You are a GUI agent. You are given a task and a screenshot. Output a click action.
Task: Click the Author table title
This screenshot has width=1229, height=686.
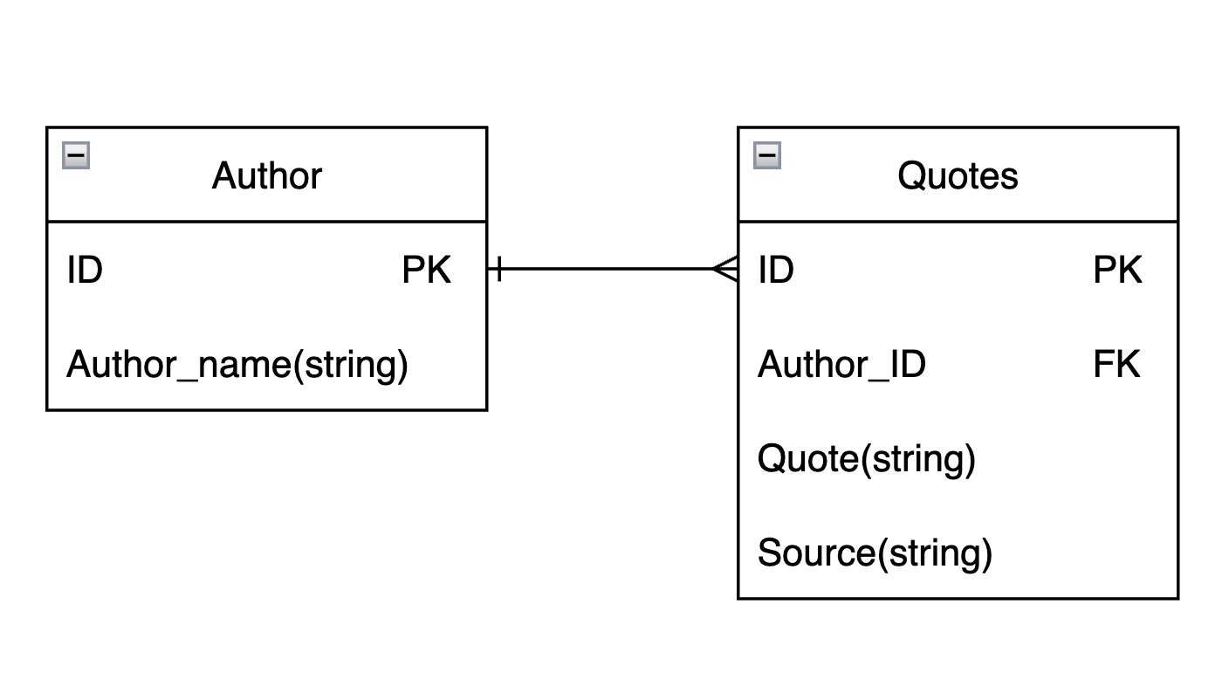pos(266,176)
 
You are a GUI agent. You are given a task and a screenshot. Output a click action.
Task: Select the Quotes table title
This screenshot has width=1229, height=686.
pos(958,176)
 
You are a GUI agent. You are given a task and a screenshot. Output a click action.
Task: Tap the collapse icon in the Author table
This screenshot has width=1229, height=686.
pos(76,156)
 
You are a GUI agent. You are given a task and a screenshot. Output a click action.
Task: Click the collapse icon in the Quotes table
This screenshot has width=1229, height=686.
pos(767,156)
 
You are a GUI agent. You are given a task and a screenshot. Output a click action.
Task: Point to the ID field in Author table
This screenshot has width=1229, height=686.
pos(85,271)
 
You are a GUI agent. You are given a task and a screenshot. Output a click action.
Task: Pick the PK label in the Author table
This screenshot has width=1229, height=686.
pos(426,271)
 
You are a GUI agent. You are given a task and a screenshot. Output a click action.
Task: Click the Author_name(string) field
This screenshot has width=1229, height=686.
pos(237,365)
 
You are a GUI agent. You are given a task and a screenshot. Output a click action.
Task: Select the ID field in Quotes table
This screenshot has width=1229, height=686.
pos(776,271)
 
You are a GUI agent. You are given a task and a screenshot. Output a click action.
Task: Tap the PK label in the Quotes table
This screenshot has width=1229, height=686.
pos(1117,271)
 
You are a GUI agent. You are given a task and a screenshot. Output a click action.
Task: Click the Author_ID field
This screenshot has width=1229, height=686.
pos(841,365)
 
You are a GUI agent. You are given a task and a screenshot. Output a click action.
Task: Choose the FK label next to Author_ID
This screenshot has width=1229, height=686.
pos(1116,365)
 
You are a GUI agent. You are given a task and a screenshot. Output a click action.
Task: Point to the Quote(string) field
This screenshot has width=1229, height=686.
pos(866,459)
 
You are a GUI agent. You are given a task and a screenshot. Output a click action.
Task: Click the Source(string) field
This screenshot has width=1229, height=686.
pos(875,553)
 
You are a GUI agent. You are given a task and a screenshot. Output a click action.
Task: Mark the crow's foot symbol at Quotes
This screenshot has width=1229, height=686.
pos(726,269)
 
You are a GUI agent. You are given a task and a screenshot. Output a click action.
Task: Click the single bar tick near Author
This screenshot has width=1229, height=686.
pos(498,269)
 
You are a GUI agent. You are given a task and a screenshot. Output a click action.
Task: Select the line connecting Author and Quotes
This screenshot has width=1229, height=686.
pos(611,269)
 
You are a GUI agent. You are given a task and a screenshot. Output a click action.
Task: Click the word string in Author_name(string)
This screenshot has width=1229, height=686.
pos(350,365)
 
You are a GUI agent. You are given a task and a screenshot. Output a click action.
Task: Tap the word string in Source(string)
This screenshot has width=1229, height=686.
pos(934,553)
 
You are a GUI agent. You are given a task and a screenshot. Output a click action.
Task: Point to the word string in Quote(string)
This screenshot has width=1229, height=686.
pos(917,459)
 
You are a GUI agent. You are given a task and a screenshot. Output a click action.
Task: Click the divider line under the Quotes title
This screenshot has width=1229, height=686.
pos(958,222)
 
